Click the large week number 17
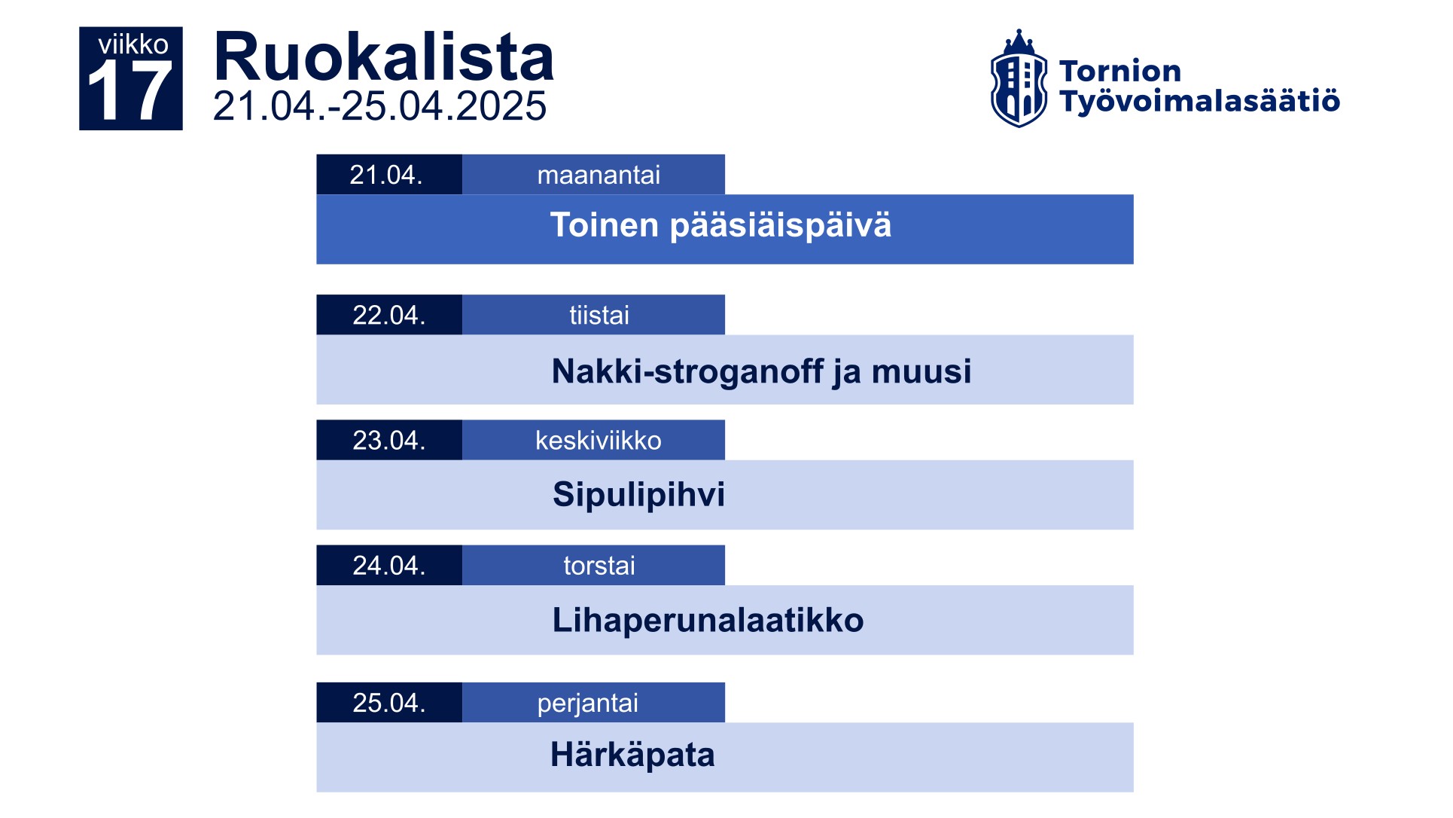coord(130,92)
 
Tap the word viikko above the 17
coord(133,44)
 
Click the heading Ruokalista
coord(384,57)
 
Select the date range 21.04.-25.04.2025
coord(379,105)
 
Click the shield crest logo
coord(1019,78)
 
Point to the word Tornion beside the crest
coord(1119,71)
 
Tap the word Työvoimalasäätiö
coord(1199,101)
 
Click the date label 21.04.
coord(386,175)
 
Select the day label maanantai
coord(599,175)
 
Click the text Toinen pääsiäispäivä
coord(720,225)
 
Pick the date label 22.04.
coord(389,315)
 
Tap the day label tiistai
coord(599,315)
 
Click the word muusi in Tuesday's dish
coord(921,371)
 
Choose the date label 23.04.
coord(389,440)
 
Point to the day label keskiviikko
coord(599,440)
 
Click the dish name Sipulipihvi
coord(638,495)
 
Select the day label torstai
coord(599,566)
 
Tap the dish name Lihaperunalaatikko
coord(708,620)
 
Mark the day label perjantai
coord(587,704)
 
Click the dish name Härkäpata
coord(632,755)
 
